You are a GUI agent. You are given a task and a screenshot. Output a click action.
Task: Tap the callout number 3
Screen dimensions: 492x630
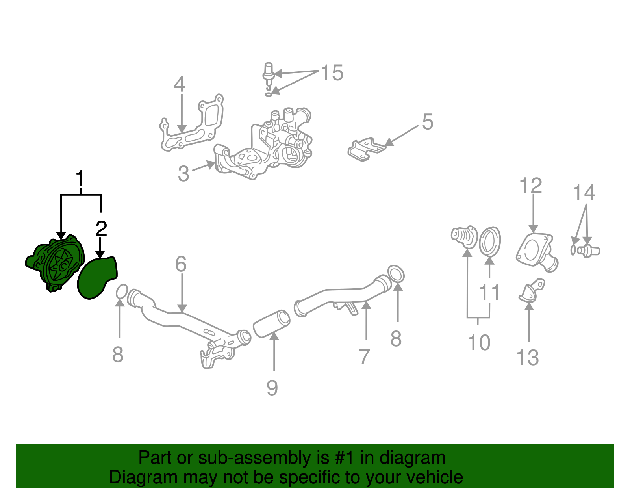[x=183, y=174]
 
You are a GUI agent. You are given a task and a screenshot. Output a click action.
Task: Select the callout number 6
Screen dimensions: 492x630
[x=181, y=264]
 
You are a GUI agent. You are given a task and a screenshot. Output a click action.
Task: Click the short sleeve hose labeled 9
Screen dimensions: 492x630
[x=271, y=323]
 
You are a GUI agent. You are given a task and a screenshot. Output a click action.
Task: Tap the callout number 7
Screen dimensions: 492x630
[x=365, y=356]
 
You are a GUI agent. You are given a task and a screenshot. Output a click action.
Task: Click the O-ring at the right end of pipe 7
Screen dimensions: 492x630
[x=396, y=274]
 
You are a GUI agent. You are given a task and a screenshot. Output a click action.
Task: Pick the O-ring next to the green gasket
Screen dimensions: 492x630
[x=122, y=292]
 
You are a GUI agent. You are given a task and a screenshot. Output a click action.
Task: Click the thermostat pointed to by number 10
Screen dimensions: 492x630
[x=464, y=237]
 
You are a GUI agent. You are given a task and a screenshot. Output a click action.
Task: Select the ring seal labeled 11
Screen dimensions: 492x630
[x=490, y=241]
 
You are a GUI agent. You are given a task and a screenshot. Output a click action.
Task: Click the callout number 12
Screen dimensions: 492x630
[x=531, y=186]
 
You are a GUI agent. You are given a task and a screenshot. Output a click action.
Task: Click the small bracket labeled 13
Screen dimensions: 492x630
[x=532, y=291]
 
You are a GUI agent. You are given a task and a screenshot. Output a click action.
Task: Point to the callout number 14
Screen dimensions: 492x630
[x=584, y=193]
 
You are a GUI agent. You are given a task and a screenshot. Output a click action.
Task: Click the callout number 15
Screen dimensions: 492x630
[x=332, y=73]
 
